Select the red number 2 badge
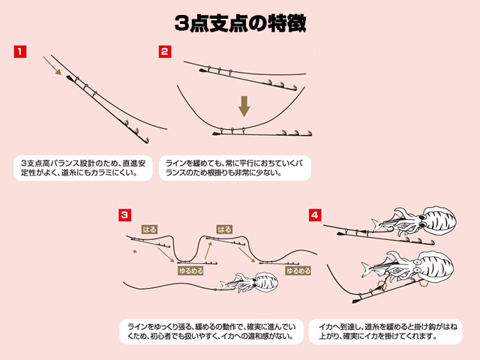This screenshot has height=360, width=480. pyautogui.click(x=165, y=52)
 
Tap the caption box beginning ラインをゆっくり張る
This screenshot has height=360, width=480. pyautogui.click(x=211, y=331)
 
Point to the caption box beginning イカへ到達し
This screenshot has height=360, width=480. pyautogui.click(x=385, y=331)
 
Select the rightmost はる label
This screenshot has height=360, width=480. pyautogui.click(x=224, y=229)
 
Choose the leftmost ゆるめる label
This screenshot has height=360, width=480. pyautogui.click(x=190, y=270)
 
